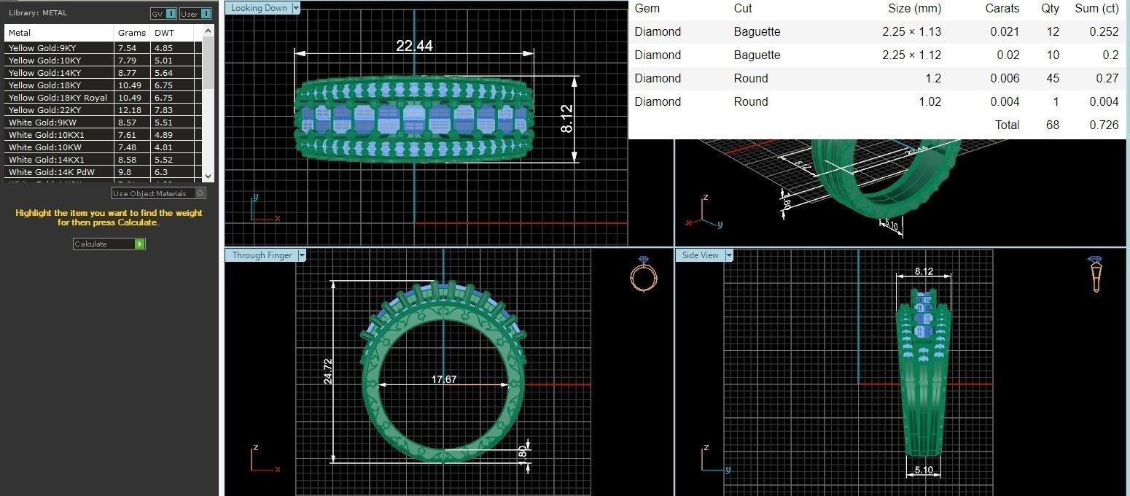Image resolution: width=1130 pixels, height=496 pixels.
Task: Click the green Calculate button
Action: (139, 244)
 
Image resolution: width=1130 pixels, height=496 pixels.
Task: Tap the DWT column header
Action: (164, 33)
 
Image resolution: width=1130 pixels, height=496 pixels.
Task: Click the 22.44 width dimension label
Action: (414, 46)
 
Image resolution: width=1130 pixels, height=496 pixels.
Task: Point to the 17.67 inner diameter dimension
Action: (444, 379)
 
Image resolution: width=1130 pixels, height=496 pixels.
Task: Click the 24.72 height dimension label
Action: (327, 371)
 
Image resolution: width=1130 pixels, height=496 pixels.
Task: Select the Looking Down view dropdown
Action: (295, 8)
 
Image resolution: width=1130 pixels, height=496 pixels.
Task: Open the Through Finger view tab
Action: (262, 255)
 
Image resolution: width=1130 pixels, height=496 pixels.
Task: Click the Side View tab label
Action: (701, 255)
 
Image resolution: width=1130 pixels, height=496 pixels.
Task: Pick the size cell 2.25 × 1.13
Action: (911, 31)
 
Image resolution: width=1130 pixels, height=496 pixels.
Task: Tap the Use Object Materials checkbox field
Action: (200, 193)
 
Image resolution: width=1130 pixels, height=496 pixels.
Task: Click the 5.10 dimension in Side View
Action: (923, 470)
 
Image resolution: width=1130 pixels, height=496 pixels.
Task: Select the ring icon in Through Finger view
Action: (643, 275)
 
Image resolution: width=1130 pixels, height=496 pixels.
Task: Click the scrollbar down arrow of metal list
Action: (208, 176)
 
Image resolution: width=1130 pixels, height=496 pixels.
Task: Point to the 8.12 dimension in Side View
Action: (923, 271)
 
